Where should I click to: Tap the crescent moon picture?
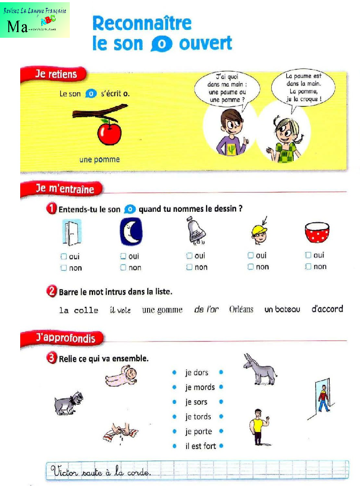tap(131, 232)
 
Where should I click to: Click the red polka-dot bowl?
tap(317, 233)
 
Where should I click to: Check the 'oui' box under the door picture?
tap(64, 256)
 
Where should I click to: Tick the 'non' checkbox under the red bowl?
tap(308, 266)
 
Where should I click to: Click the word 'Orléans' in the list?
tap(241, 309)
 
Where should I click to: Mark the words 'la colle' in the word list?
tap(79, 310)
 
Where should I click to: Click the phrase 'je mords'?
tap(200, 387)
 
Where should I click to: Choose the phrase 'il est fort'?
tap(200, 446)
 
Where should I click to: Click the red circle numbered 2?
tap(51, 291)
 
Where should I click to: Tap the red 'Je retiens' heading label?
tap(54, 74)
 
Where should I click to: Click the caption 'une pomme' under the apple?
tap(99, 160)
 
